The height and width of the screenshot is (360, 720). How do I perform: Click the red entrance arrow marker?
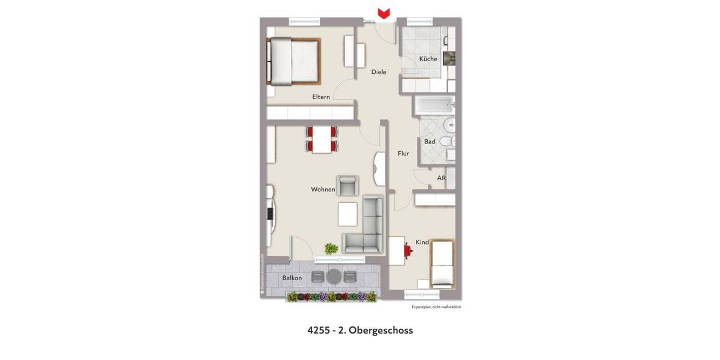[383, 13]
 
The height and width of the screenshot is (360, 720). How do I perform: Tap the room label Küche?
[428, 59]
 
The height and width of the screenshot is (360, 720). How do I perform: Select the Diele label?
[379, 72]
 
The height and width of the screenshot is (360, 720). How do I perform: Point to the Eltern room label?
[321, 97]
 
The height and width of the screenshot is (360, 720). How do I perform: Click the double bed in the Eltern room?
[293, 61]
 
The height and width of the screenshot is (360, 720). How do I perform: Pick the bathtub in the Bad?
[433, 106]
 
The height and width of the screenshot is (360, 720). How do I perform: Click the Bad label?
[430, 142]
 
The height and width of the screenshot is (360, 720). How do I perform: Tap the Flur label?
[403, 154]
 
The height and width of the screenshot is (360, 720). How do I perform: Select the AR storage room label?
[441, 178]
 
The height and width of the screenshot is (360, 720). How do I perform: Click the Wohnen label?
[323, 190]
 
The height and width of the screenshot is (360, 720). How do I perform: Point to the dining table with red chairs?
[322, 139]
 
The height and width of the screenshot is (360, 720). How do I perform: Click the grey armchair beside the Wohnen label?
[347, 185]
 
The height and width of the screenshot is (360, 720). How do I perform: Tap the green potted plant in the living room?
[331, 248]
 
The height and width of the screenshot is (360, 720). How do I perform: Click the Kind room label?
[422, 242]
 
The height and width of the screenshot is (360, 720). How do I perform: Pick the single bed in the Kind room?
[442, 263]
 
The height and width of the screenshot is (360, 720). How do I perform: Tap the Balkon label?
[292, 278]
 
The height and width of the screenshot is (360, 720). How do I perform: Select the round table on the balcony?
[334, 277]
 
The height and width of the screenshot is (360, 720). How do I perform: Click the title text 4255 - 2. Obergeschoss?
[360, 330]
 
